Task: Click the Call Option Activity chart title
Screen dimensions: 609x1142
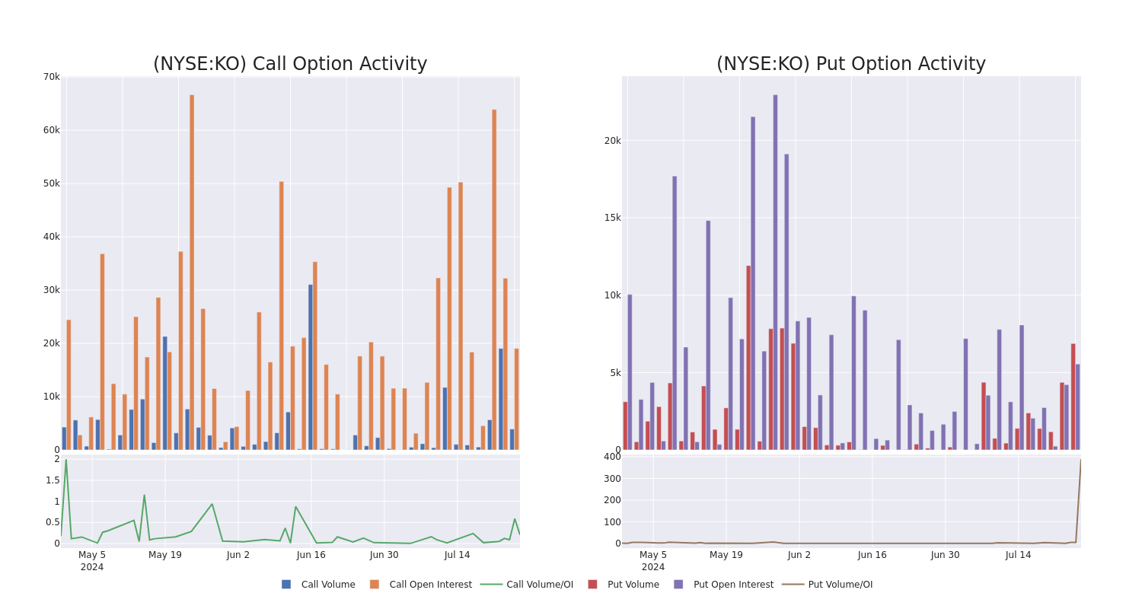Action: pos(290,64)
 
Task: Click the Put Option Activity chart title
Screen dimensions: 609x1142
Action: pos(850,64)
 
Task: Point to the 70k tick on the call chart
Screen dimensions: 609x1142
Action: pos(51,77)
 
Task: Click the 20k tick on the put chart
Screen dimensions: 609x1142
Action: pos(612,141)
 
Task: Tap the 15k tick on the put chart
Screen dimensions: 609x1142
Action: pos(612,218)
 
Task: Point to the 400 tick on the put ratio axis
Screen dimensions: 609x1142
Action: pos(612,457)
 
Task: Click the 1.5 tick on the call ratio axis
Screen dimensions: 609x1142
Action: pos(53,480)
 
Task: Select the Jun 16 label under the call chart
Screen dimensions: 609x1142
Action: pos(311,555)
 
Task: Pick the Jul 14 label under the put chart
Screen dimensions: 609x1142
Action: pos(1018,555)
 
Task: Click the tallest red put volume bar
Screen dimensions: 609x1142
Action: pos(748,358)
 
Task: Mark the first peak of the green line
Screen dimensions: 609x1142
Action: pos(65,460)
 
